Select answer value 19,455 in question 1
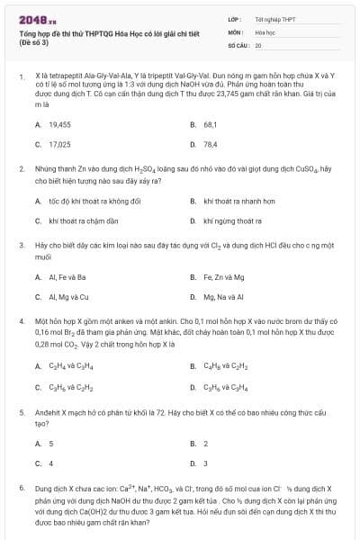point(60,124)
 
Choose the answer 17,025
point(60,143)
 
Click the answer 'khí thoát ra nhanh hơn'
point(239,201)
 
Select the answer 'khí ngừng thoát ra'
point(233,220)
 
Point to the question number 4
point(21,319)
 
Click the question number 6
point(21,487)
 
